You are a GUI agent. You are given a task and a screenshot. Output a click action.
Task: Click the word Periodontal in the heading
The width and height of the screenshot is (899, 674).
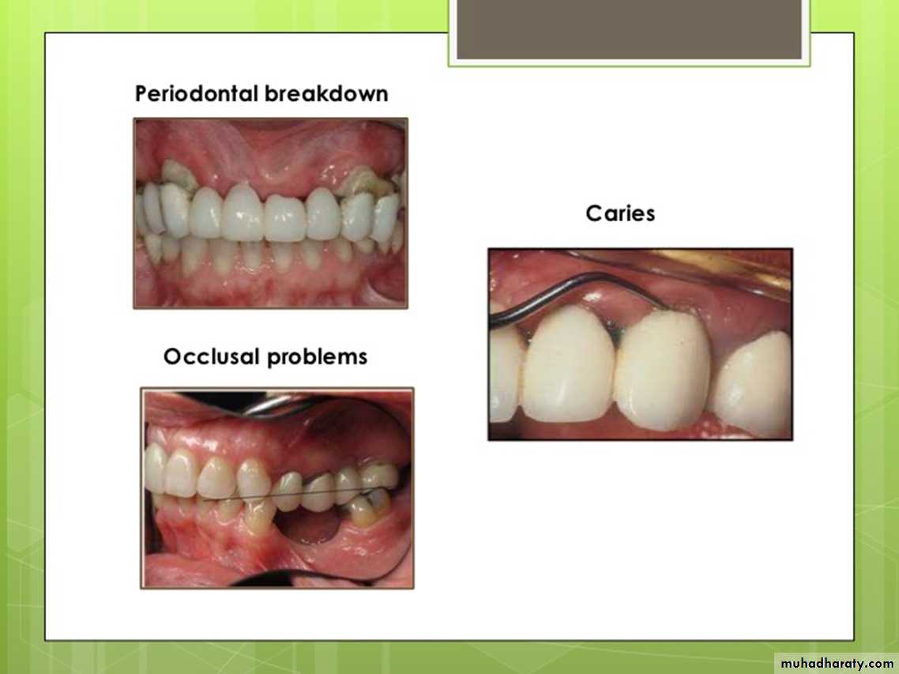point(196,94)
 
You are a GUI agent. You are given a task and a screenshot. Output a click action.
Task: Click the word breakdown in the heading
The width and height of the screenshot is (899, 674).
point(326,93)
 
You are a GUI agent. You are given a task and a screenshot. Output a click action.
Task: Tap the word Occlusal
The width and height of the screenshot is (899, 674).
point(212,356)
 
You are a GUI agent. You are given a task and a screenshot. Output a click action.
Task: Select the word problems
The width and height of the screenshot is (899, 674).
point(317,357)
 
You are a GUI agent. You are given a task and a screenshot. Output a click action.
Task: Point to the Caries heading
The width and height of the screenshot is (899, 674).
point(620,213)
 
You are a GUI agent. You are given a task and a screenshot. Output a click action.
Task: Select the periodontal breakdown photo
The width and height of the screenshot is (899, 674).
point(271,213)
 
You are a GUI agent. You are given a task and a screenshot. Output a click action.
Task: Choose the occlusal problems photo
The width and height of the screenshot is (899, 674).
point(277,488)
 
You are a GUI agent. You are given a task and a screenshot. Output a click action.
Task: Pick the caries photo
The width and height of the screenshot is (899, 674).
point(641,345)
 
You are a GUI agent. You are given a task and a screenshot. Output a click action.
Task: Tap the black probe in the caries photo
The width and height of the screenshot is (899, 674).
point(574,287)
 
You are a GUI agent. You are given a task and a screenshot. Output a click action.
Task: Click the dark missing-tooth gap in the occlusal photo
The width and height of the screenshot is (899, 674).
point(313,525)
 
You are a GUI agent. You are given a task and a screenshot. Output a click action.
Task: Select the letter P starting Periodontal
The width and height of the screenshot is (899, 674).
point(141,93)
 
